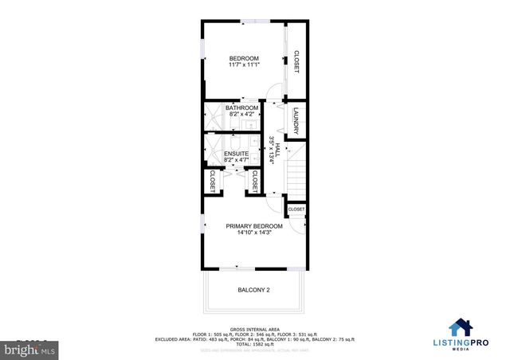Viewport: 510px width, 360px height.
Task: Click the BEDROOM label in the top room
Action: (x=244, y=58)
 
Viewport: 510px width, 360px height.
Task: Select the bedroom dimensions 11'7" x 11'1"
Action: (x=244, y=65)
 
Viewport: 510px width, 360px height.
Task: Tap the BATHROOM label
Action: (x=241, y=108)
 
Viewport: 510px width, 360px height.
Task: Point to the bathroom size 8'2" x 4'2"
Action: (x=241, y=115)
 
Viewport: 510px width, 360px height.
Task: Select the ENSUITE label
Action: (x=236, y=154)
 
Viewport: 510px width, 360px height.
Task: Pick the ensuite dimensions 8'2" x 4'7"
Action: (x=236, y=160)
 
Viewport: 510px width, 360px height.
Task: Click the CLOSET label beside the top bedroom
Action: (x=296, y=63)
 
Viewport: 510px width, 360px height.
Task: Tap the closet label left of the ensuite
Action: (x=213, y=181)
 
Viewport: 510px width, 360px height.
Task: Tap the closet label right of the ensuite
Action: (x=254, y=181)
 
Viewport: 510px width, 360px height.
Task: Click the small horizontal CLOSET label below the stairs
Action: (x=296, y=209)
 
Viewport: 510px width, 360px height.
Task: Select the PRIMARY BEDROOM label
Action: (x=254, y=226)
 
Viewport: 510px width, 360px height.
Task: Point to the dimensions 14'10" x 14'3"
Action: (x=254, y=233)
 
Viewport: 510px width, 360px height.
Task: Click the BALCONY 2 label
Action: (x=254, y=290)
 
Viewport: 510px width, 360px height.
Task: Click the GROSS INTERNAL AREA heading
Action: (x=254, y=328)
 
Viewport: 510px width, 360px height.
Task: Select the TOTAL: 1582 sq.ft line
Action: (x=254, y=344)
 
